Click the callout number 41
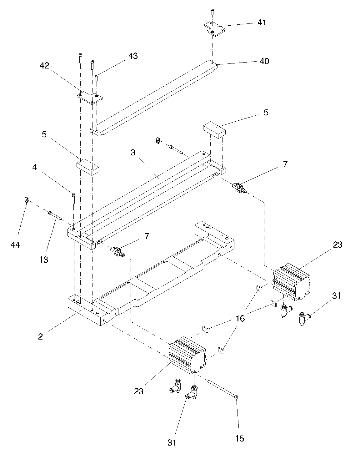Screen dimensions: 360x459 262,23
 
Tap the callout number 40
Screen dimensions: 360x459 264,61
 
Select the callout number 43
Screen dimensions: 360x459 133,56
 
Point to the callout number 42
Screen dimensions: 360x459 44,66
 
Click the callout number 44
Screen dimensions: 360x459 15,245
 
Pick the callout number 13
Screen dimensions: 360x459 44,260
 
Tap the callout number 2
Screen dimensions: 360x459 41,337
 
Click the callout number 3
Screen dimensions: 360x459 133,153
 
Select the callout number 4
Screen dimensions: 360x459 35,167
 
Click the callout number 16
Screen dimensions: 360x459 240,318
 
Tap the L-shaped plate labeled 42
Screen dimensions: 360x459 90,98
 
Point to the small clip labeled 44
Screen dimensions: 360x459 26,199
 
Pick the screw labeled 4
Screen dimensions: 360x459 74,198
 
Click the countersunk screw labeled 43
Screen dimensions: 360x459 97,77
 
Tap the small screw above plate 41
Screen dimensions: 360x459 212,11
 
